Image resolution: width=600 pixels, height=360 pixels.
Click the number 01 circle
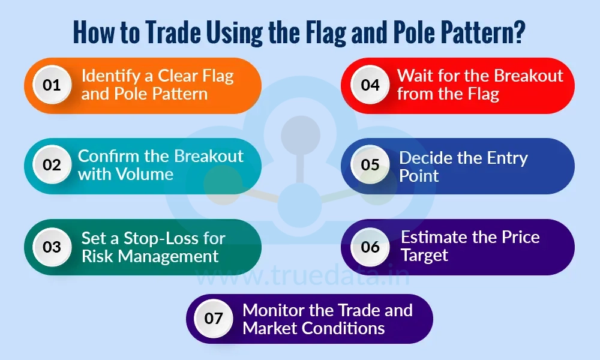(x=52, y=85)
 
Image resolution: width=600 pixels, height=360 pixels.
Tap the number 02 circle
(x=52, y=164)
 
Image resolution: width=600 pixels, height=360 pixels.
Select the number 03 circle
(x=52, y=247)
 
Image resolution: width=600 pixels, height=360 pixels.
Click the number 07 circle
(x=214, y=319)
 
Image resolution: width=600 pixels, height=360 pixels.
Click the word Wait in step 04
(x=415, y=76)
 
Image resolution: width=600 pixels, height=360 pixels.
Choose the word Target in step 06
(x=425, y=254)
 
